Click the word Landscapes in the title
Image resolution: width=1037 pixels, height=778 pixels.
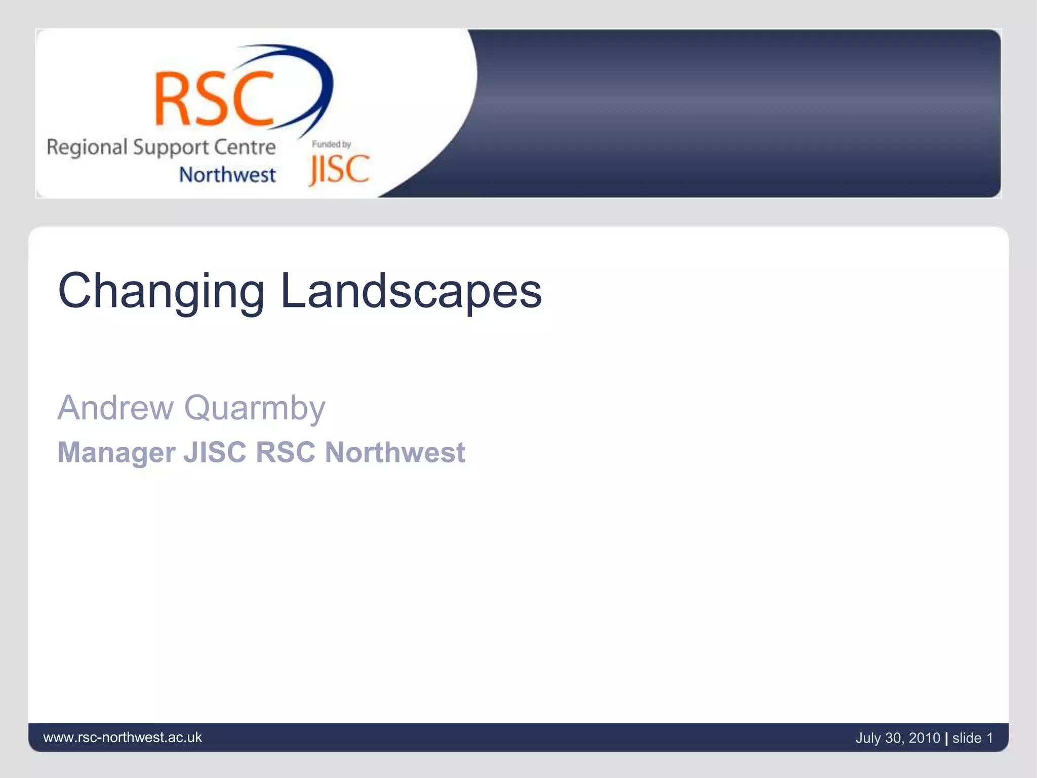coord(411,290)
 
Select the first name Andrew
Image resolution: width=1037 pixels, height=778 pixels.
coord(115,408)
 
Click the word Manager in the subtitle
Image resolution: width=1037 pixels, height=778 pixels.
coord(116,452)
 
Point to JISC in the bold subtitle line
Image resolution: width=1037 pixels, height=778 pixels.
coord(215,452)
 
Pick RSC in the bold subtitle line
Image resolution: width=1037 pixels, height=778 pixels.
coord(286,452)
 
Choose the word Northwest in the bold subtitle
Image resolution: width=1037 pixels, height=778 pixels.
coord(395,452)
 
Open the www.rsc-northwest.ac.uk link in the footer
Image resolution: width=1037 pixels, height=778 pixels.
coord(123,737)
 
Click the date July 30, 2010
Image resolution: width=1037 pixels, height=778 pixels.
coord(897,738)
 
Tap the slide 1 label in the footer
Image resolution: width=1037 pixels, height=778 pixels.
coord(972,738)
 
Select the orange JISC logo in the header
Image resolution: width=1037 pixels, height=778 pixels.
coord(339,170)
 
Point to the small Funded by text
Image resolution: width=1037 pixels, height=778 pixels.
coord(331,144)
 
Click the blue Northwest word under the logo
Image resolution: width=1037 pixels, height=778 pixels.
coord(227,175)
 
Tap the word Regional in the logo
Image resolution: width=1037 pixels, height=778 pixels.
coord(87,148)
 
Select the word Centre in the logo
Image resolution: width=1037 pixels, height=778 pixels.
coord(245,147)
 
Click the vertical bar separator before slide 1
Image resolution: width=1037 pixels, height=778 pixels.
coord(946,738)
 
